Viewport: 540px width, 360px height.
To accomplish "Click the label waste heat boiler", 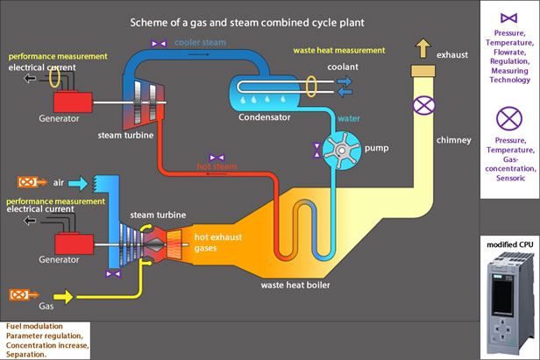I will [296, 285].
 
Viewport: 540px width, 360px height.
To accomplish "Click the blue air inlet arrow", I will [78, 182].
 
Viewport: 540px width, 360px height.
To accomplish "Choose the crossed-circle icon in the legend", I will [508, 117].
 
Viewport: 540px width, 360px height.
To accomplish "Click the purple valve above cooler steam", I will [159, 42].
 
